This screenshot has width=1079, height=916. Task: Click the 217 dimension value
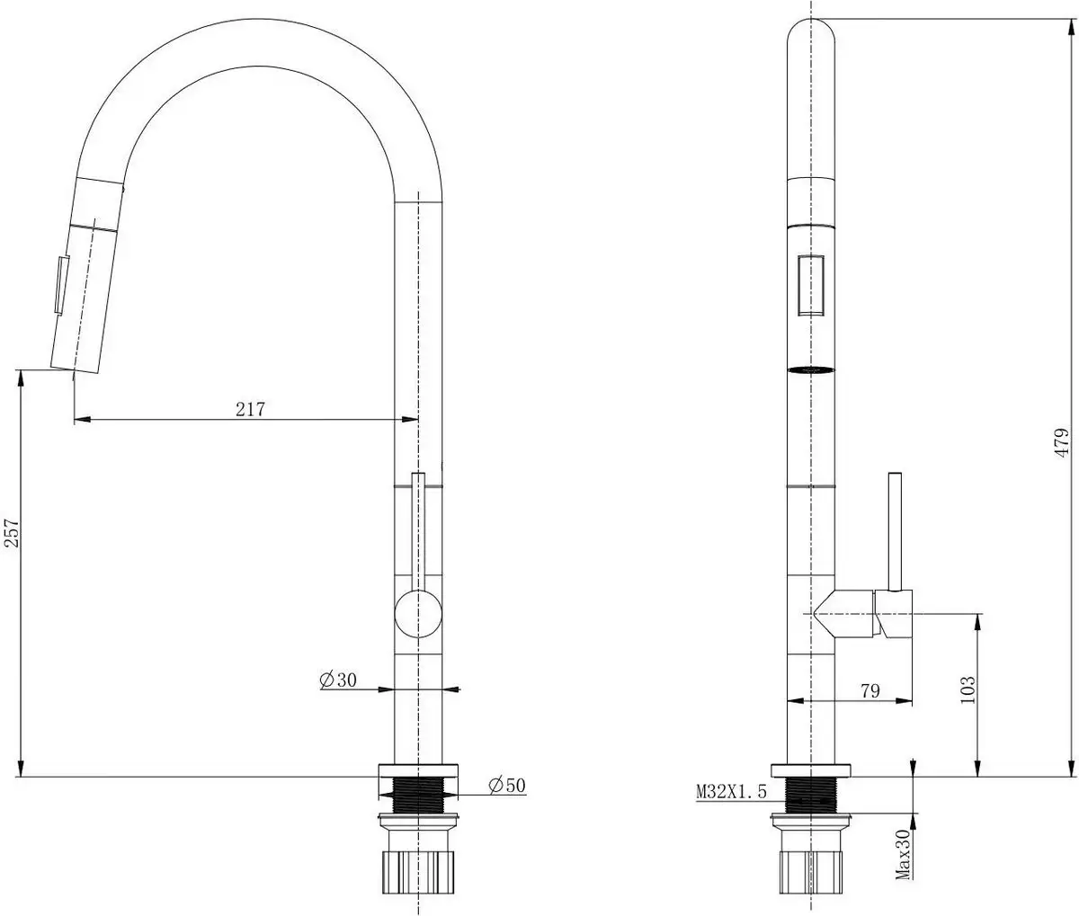click(250, 409)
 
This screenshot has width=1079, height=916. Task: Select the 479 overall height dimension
click(1063, 443)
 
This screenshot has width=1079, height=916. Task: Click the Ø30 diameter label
click(338, 680)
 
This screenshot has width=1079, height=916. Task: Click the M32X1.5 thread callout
click(730, 792)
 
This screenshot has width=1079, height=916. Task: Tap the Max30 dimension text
click(904, 854)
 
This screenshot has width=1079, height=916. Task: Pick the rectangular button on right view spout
click(811, 285)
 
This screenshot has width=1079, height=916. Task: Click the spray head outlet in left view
click(74, 367)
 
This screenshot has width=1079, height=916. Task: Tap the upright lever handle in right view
click(896, 530)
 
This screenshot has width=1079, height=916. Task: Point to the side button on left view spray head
click(59, 286)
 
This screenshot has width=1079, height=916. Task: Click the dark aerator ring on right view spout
click(811, 369)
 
